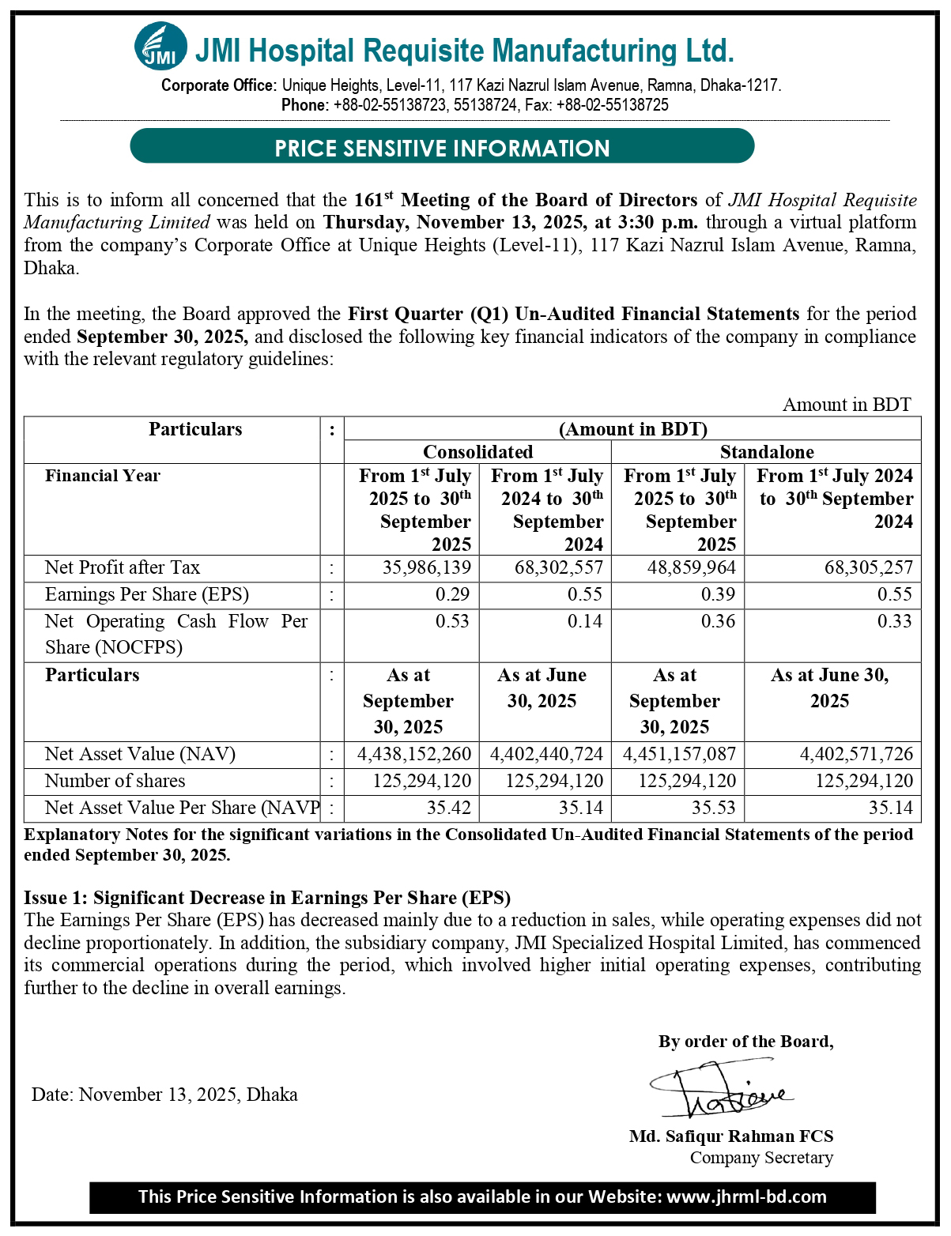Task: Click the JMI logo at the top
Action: (x=160, y=46)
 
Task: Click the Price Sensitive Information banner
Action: (x=442, y=148)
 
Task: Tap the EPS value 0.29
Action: (x=452, y=594)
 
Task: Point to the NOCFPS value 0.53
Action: (x=452, y=621)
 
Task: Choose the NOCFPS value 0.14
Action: (x=585, y=621)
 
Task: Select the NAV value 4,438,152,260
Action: (x=414, y=754)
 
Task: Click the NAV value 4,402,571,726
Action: (x=856, y=754)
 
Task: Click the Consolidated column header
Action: (x=477, y=452)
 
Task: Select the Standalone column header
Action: (x=767, y=452)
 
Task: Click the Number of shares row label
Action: (x=115, y=781)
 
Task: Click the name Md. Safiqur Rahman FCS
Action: (x=731, y=1136)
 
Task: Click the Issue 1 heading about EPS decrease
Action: (x=267, y=898)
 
